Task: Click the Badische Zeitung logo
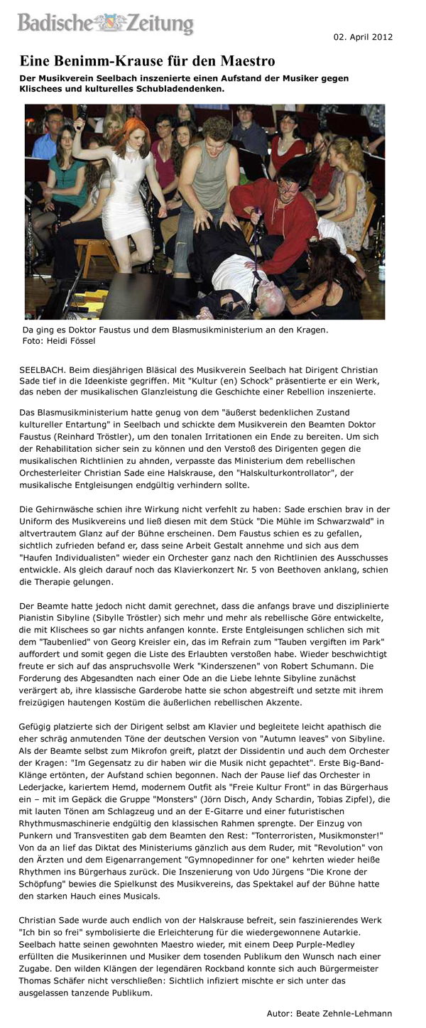(x=106, y=24)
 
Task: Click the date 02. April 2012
(x=362, y=36)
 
